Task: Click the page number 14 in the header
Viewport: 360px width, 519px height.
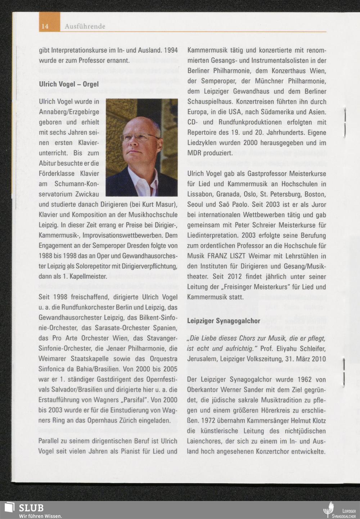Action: [45, 26]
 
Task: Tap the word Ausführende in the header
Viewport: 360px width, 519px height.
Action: [85, 26]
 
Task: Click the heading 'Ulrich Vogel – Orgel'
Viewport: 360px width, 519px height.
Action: [68, 85]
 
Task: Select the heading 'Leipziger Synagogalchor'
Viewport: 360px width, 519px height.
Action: [224, 321]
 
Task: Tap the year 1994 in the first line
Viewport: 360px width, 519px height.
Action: [171, 50]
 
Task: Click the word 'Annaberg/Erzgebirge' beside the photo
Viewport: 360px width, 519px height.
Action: [69, 112]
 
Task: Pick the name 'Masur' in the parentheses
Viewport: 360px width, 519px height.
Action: [165, 204]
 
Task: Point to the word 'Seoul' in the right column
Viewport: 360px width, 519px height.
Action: [196, 205]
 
